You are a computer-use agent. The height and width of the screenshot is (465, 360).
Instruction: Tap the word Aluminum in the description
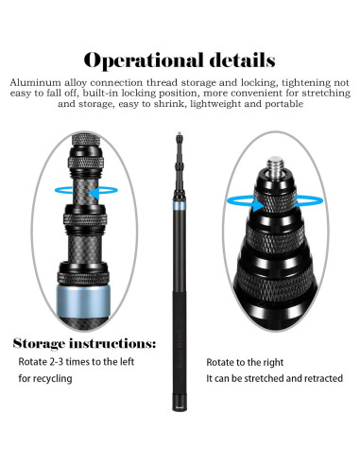pyautogui.click(x=36, y=82)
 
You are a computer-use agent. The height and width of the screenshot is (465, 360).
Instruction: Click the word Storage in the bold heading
pyautogui.click(x=39, y=344)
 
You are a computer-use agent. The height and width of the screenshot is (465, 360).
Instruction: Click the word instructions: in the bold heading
pyautogui.click(x=112, y=343)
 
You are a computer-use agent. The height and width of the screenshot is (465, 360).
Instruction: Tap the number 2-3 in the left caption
pyautogui.click(x=56, y=361)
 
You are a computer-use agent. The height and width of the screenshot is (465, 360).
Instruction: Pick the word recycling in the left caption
pyautogui.click(x=53, y=378)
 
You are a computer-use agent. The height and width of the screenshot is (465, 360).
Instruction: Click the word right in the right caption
pyautogui.click(x=274, y=363)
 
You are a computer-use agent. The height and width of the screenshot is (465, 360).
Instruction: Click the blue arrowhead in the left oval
pyautogui.click(x=94, y=193)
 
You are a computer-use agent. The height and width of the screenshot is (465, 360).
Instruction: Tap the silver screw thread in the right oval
pyautogui.click(x=276, y=166)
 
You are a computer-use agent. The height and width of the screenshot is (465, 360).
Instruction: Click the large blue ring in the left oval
pyautogui.click(x=83, y=301)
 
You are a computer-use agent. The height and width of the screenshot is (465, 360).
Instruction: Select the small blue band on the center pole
pyautogui.click(x=180, y=206)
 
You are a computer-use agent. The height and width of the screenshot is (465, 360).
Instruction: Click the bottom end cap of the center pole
pyautogui.click(x=180, y=405)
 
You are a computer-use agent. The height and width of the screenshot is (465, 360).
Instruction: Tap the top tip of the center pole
pyautogui.click(x=180, y=133)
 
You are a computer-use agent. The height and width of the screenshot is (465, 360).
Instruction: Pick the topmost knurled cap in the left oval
pyautogui.click(x=86, y=140)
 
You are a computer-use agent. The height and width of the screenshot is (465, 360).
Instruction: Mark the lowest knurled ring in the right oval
pyautogui.click(x=275, y=284)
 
